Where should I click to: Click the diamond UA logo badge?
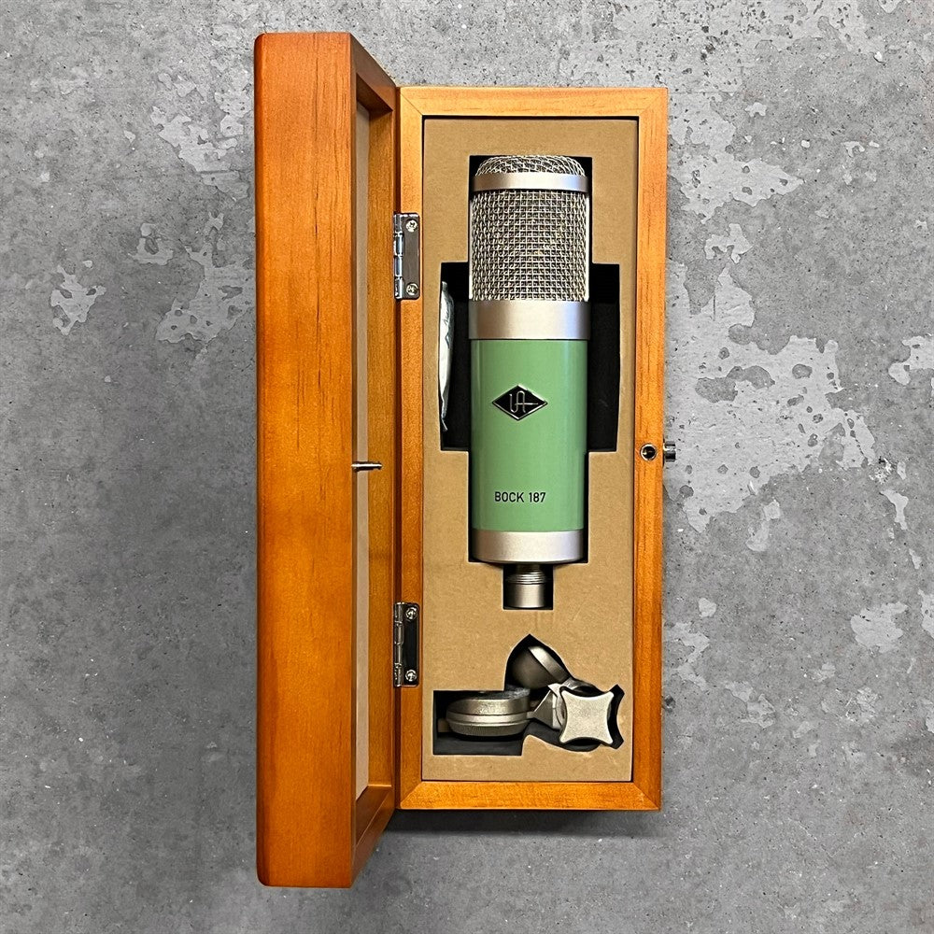(x=519, y=403)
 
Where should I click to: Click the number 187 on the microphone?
(x=536, y=497)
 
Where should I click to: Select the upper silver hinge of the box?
(x=407, y=256)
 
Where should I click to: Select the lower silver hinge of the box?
(x=407, y=644)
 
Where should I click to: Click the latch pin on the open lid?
(x=366, y=466)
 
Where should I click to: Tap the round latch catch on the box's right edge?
(x=649, y=452)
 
